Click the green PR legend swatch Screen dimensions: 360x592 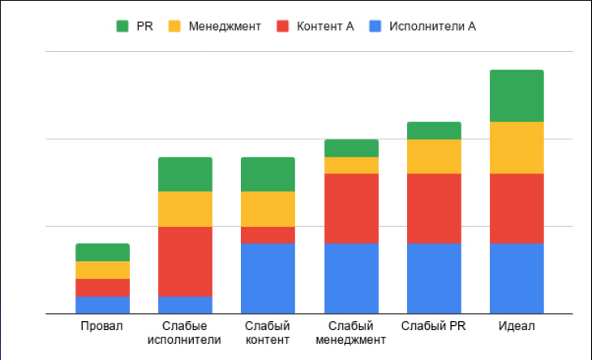(x=122, y=27)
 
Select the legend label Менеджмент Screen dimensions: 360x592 (x=225, y=27)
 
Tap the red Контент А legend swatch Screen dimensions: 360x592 (x=283, y=27)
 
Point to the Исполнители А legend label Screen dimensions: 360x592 (x=432, y=27)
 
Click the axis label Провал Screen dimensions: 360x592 (x=102, y=326)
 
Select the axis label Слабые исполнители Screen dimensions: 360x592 (x=185, y=332)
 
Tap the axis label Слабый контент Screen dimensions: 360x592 (x=268, y=332)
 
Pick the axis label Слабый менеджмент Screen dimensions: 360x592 (x=351, y=332)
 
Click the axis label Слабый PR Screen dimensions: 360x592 (x=434, y=326)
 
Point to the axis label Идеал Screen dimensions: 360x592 (x=517, y=326)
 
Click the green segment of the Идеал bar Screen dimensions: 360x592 (x=517, y=96)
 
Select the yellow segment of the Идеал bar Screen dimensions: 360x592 (x=517, y=148)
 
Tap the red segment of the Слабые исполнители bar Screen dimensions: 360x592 (x=185, y=261)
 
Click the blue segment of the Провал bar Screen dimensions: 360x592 (x=102, y=304)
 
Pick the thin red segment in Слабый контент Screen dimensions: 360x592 (x=268, y=234)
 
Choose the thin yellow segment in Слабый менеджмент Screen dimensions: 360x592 (x=351, y=165)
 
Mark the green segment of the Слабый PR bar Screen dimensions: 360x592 (x=434, y=131)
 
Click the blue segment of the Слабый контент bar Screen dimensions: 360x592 (x=268, y=278)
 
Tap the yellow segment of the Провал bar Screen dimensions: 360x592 (x=102, y=269)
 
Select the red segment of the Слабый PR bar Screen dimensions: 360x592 (x=434, y=208)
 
